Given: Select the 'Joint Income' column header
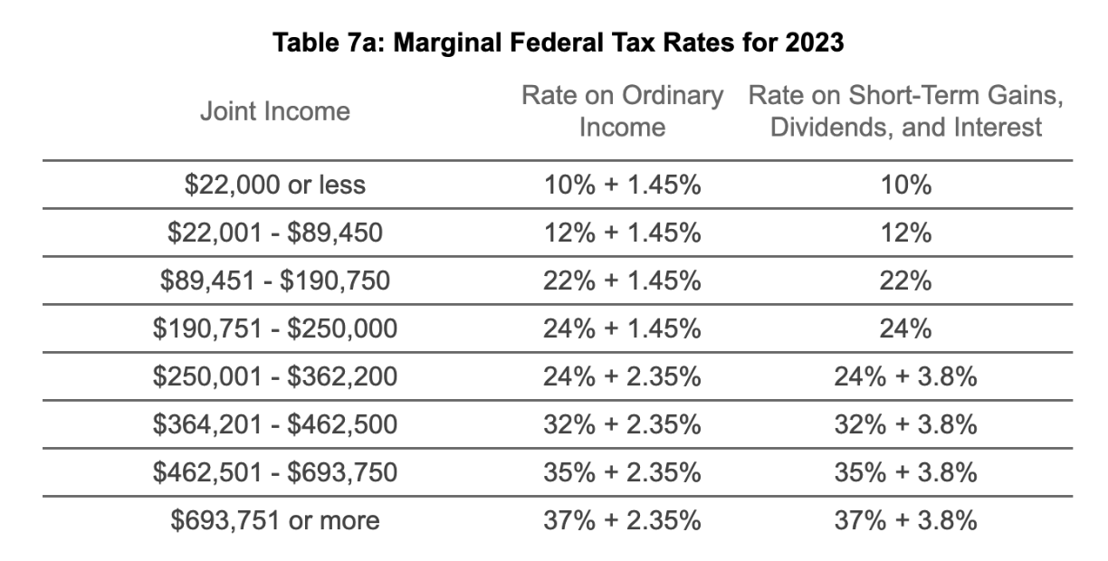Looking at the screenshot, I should (275, 111).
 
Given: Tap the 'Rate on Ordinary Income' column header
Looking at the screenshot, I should (622, 111).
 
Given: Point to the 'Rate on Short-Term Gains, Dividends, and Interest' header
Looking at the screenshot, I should (905, 111).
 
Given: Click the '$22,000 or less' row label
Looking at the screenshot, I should (275, 185).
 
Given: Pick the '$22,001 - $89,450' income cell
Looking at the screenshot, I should (275, 233).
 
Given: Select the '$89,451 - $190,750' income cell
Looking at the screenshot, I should (275, 280).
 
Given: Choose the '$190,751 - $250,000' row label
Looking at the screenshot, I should (275, 328).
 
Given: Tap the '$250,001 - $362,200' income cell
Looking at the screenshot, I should (275, 376).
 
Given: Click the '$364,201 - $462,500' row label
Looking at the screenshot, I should (275, 424).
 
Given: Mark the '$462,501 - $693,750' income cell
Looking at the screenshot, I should (275, 472).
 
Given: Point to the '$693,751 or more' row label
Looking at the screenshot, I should (275, 521).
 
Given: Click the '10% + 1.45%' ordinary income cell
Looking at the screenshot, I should (622, 185).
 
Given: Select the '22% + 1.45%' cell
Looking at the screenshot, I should (622, 280).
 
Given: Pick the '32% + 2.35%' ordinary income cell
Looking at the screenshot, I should (622, 424).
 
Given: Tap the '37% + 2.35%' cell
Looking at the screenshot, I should (622, 521).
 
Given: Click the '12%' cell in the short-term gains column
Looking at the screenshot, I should (905, 233).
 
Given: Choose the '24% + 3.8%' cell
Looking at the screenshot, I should (905, 376).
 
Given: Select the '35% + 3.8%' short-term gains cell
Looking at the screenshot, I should (905, 472).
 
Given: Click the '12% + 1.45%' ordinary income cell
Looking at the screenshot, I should (622, 233).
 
